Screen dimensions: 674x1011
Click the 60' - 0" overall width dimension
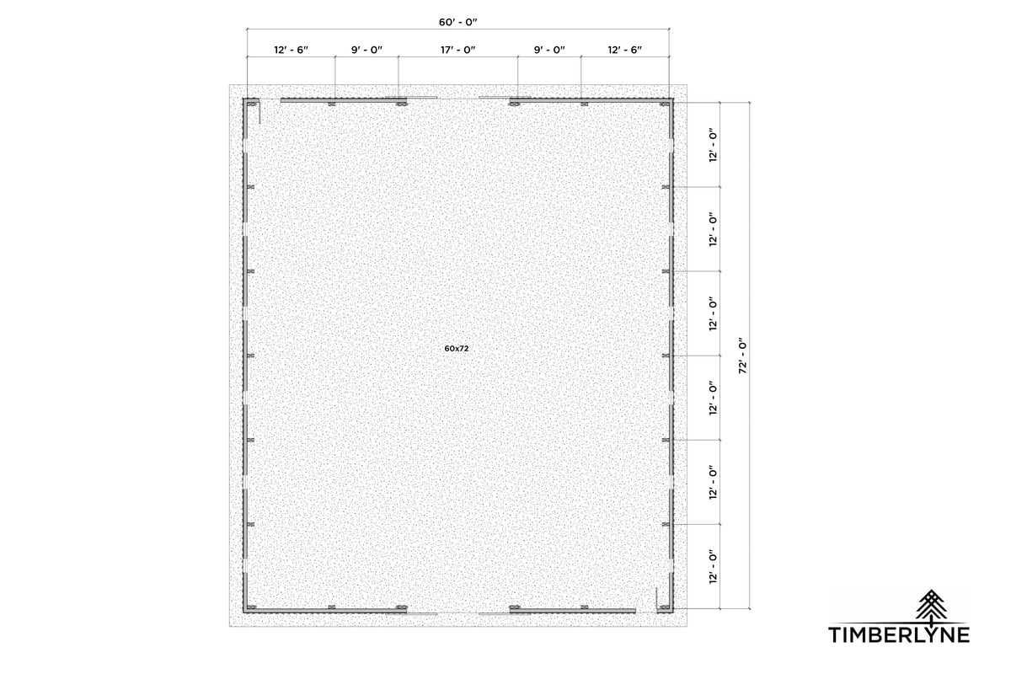[458, 21]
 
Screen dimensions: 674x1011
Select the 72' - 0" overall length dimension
[742, 355]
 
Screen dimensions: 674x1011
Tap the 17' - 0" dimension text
[458, 51]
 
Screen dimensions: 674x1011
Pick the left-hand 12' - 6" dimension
[291, 51]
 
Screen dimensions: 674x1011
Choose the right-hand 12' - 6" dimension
[625, 51]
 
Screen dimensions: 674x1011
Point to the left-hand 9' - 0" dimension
[367, 51]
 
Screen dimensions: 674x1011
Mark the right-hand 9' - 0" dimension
[549, 51]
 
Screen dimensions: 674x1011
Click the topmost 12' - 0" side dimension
[714, 145]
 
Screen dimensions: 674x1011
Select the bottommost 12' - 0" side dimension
[714, 566]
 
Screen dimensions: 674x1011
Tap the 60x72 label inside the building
[457, 348]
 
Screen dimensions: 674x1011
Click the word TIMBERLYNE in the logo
[899, 634]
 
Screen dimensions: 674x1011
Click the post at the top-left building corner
[249, 104]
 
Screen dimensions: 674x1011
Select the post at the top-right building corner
[666, 104]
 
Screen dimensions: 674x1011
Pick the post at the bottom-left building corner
[249, 608]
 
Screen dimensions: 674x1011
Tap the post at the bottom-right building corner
[666, 608]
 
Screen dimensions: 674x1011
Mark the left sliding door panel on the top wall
[411, 98]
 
